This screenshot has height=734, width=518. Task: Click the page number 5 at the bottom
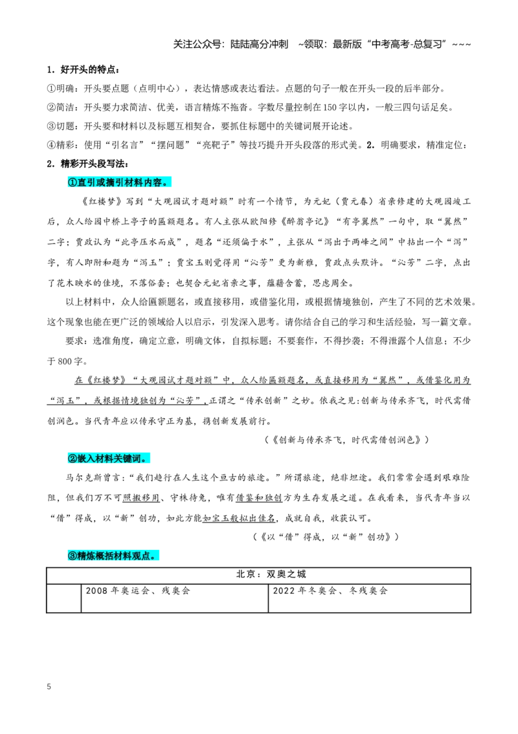point(49,687)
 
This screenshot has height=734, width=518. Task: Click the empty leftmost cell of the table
point(63,598)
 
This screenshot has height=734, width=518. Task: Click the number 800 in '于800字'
point(65,361)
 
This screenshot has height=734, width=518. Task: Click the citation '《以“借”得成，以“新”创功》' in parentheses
point(325,537)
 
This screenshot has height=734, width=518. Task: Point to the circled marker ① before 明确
point(51,89)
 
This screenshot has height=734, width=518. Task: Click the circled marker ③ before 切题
point(51,126)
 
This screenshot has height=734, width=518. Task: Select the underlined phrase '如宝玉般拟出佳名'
point(239,518)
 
